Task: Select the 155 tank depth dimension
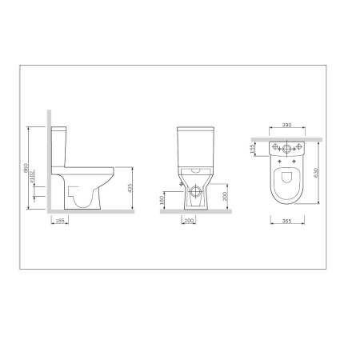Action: click(251, 149)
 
